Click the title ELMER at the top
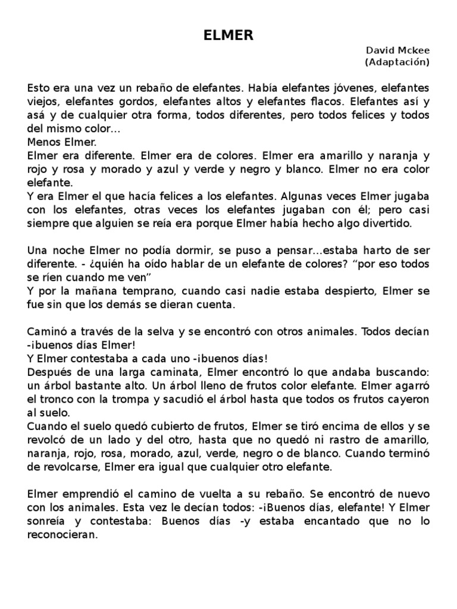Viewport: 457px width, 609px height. coord(228,36)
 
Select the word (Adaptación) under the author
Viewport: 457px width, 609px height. coord(397,62)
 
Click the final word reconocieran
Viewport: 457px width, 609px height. coord(62,535)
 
